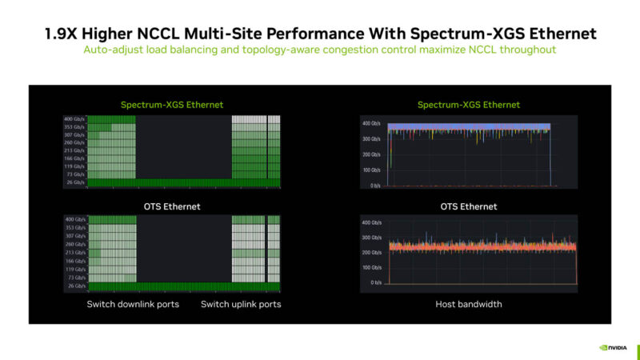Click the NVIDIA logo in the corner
[614, 348]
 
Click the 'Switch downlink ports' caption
[133, 304]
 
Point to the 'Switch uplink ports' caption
[241, 304]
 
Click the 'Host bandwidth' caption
[468, 304]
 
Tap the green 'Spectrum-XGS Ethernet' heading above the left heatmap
[171, 105]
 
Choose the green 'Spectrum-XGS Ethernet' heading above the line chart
[468, 105]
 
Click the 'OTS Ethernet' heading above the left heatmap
[171, 206]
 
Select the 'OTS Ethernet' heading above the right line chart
[468, 206]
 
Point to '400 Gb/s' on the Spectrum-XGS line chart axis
[371, 124]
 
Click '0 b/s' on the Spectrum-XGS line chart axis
[374, 186]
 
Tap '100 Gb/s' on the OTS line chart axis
[371, 267]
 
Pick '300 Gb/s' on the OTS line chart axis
[371, 238]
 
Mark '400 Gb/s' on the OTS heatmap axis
[74, 219]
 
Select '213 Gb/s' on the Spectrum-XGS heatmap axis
[74, 150]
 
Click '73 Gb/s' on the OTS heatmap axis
[74, 277]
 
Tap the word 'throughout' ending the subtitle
[530, 50]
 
